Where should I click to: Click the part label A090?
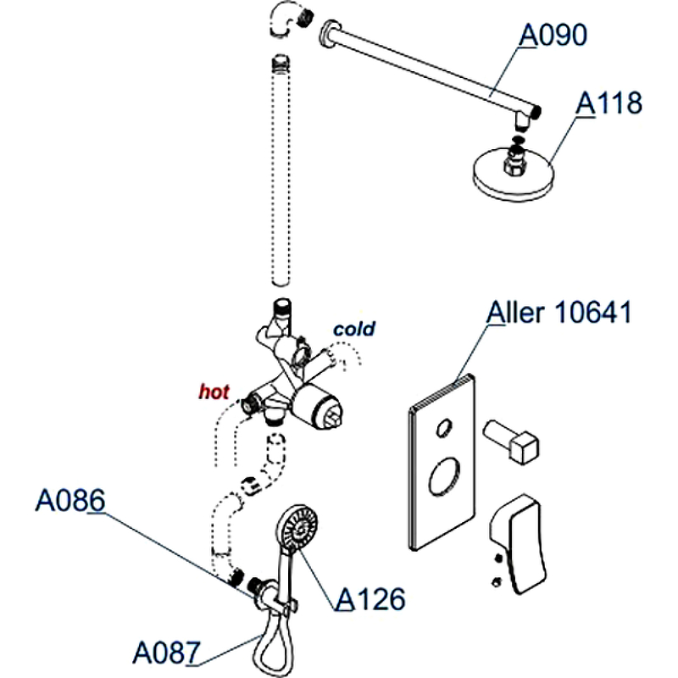click(553, 36)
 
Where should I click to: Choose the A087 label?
click(166, 653)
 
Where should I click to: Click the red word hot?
click(214, 392)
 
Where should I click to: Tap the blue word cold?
click(354, 329)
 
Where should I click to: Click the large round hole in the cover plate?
click(446, 478)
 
